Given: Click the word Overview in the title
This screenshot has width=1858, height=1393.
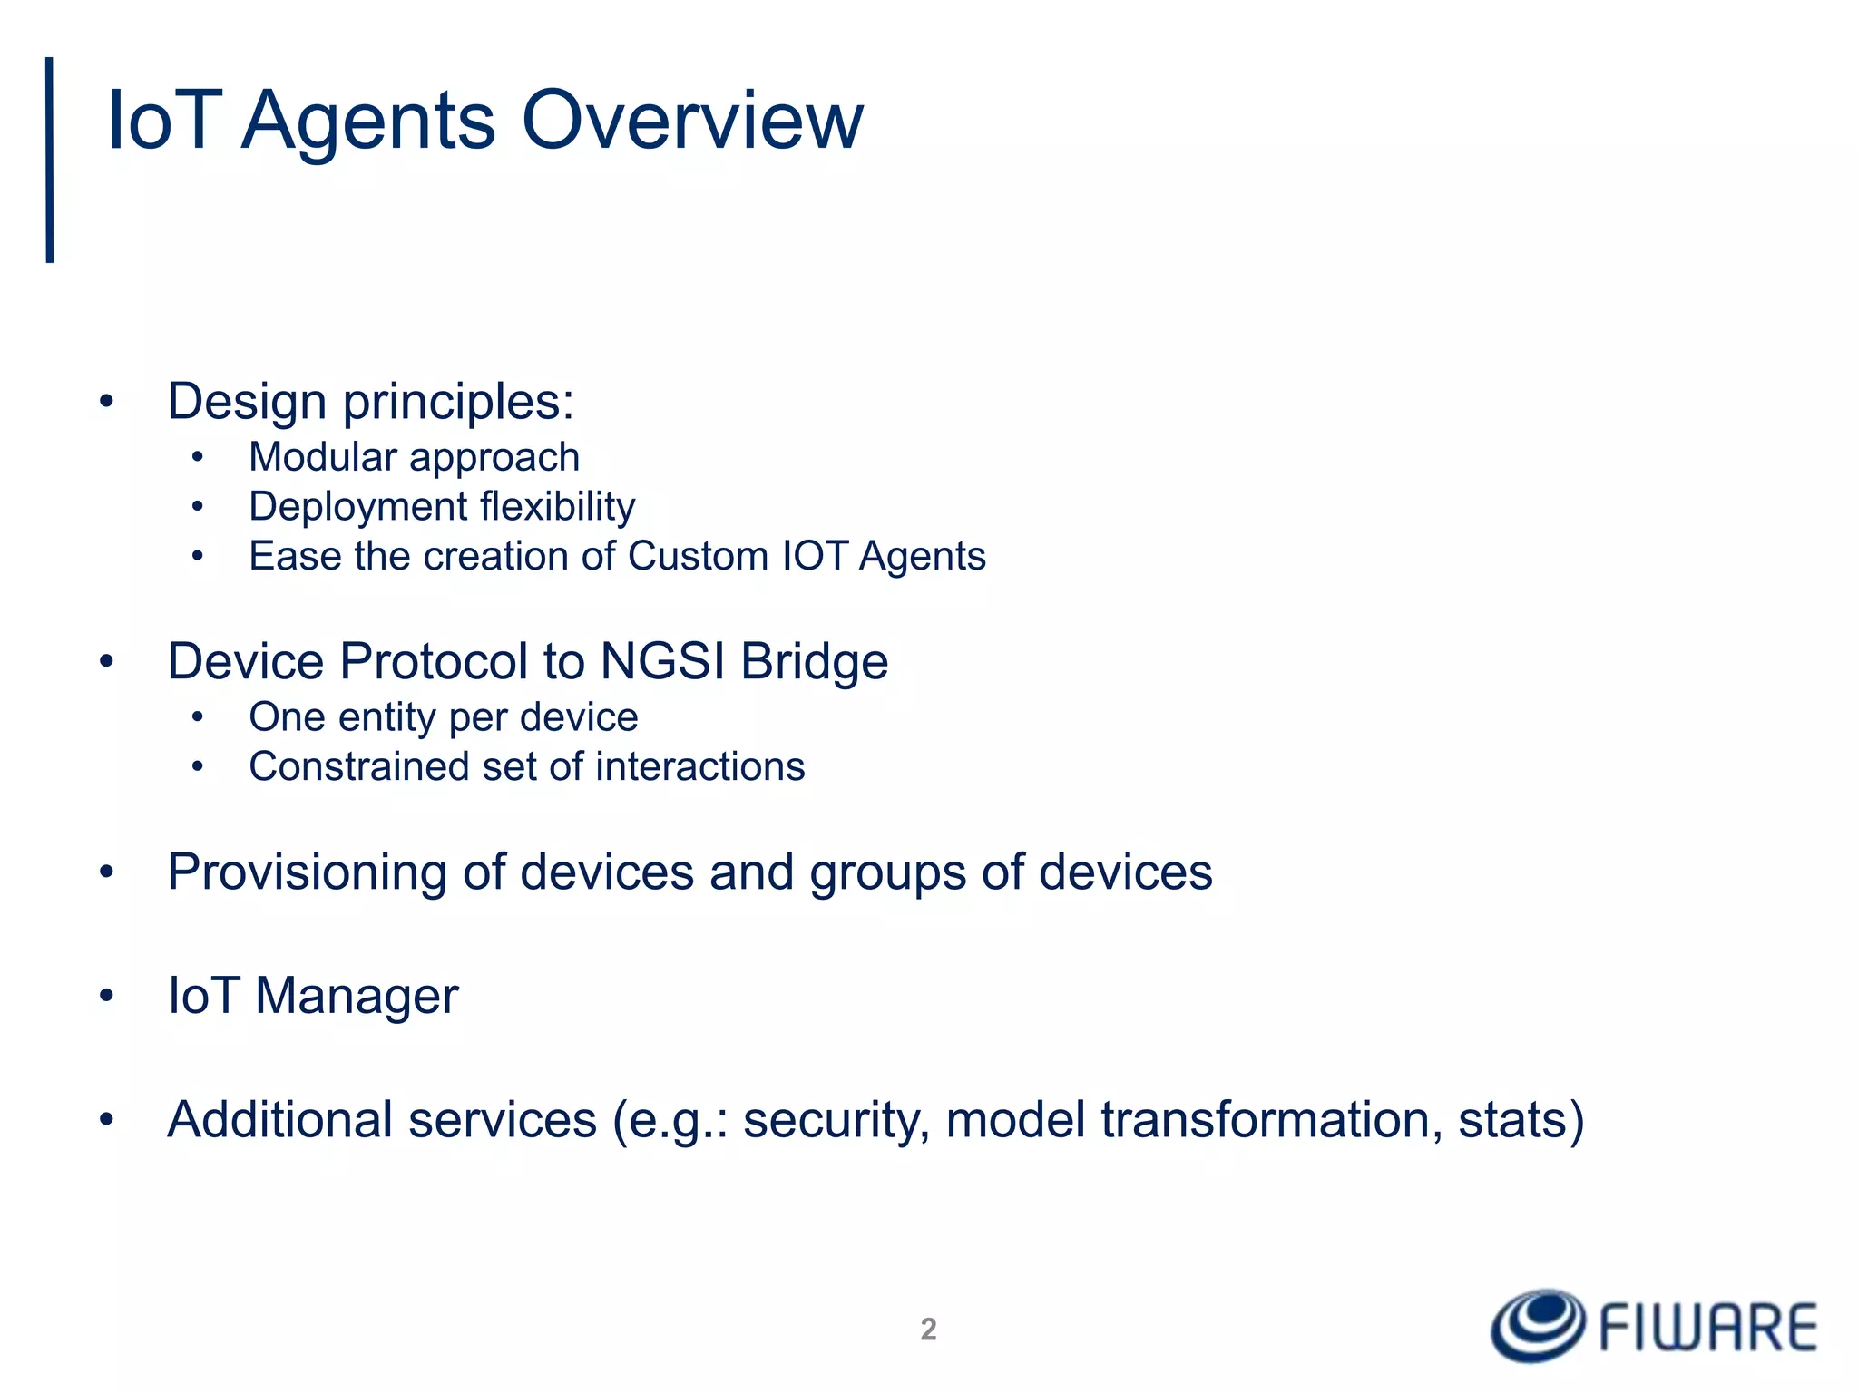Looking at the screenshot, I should [692, 121].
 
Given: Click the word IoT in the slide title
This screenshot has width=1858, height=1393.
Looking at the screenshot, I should [163, 121].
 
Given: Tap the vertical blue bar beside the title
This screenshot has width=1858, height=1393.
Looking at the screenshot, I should [50, 160].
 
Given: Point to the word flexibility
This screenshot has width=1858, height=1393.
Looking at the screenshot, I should [557, 506].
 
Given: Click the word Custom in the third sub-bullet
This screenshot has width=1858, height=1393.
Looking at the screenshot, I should [698, 556].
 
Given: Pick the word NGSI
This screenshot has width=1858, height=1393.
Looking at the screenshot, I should [662, 661].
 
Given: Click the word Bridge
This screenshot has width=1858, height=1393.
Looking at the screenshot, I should [814, 661].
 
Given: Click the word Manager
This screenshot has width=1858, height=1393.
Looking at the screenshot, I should [357, 996].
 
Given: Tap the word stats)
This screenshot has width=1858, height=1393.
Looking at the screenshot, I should [1521, 1120].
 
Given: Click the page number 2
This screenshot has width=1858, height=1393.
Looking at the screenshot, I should [928, 1330].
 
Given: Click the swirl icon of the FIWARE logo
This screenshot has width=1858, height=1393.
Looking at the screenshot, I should [1538, 1326].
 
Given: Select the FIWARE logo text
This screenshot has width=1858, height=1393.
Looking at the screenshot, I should [1708, 1328].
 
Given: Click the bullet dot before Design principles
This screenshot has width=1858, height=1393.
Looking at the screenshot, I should [107, 402].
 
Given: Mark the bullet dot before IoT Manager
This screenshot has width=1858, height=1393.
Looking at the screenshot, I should [107, 996].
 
